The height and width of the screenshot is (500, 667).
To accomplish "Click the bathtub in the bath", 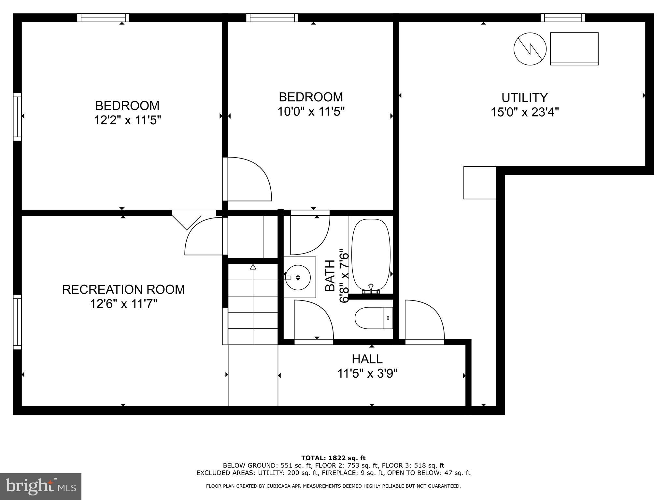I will pos(371,255).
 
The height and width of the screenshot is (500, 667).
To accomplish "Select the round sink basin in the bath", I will pos(298,277).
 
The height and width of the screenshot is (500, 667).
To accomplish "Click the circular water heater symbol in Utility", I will pos(530,49).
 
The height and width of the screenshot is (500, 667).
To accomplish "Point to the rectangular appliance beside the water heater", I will pos(574,49).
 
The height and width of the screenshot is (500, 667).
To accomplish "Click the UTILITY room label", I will pos(524,98).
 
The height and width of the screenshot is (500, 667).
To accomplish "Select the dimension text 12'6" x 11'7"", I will pos(124,304).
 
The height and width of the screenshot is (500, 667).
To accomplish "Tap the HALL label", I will pos(367,359).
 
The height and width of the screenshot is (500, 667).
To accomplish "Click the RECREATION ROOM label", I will pos(123,289).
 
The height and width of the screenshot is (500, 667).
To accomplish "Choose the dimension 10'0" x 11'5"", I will pos(311,112).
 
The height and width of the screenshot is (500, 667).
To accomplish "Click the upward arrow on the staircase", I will pos(253,267).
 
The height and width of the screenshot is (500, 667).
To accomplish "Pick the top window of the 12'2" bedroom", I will pos(103,18).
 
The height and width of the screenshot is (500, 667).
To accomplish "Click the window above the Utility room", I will pos(563,18).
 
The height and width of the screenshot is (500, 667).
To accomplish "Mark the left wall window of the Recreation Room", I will pos(17,322).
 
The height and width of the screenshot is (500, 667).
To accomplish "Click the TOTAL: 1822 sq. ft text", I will pos(333,458).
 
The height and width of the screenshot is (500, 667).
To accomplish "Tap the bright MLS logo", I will pos(41,487).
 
